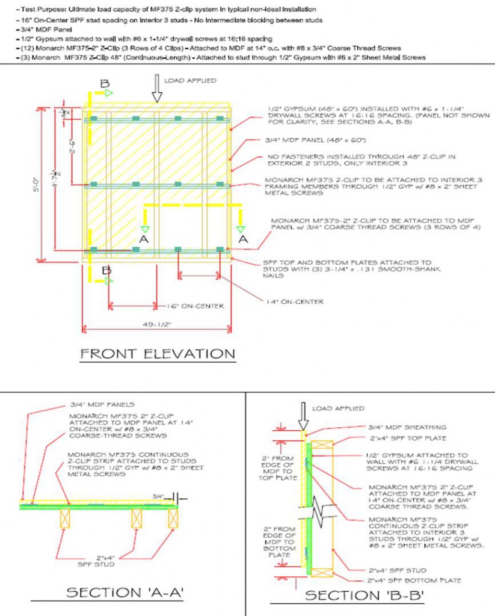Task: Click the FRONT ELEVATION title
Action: [158, 354]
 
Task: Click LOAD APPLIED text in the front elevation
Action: [190, 80]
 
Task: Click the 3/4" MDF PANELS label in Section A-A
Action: [102, 404]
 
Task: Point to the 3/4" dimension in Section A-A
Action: [158, 497]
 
